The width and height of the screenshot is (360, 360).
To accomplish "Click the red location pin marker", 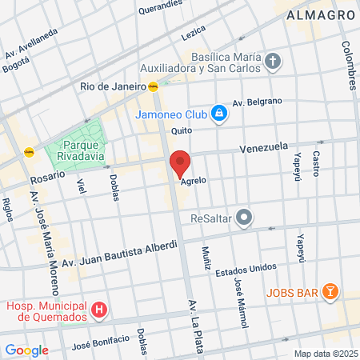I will (180, 164).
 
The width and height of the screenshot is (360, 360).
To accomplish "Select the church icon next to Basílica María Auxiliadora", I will (274, 61).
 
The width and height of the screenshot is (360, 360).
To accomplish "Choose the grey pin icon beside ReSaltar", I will (245, 218).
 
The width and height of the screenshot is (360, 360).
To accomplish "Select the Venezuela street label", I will (263, 148).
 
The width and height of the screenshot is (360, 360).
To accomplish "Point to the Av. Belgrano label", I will (258, 102).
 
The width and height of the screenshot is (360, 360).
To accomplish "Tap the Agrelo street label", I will (194, 181).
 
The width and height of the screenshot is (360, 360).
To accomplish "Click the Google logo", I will (26, 350).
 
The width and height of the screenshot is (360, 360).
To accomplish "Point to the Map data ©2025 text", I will (323, 354).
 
